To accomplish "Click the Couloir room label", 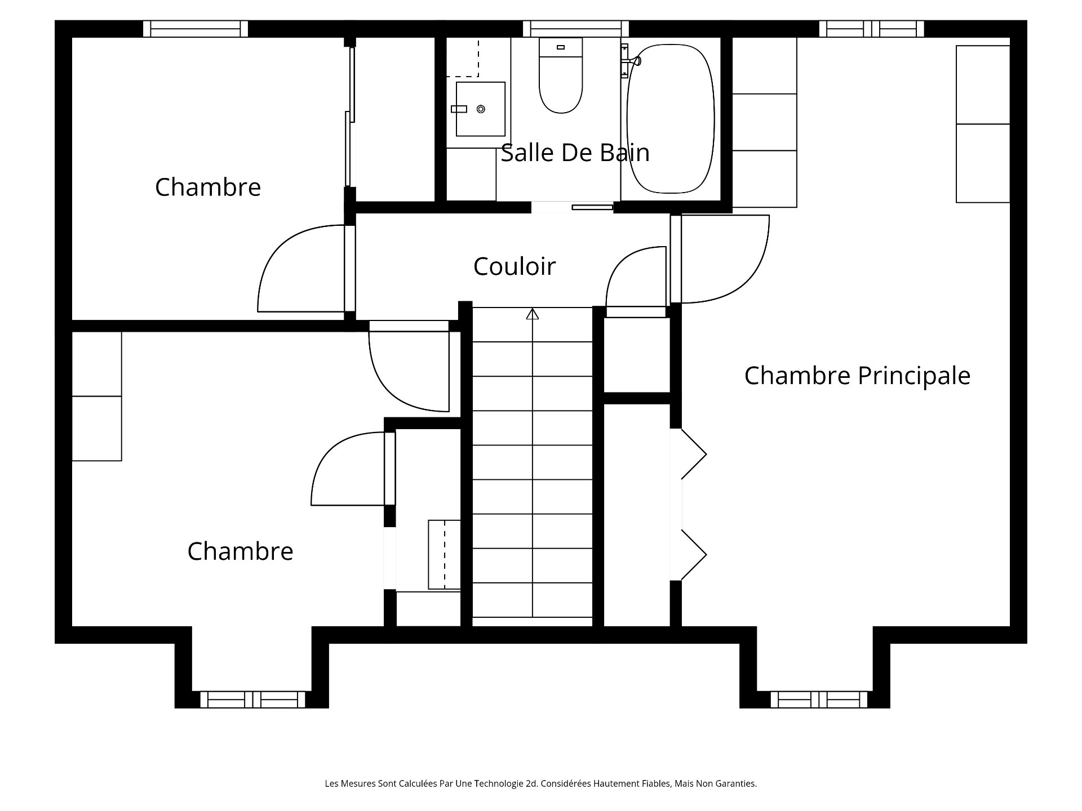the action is click(x=514, y=266).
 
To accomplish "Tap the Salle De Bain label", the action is click(x=575, y=153).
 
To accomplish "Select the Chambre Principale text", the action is click(x=857, y=376).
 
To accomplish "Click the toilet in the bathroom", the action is click(x=560, y=75).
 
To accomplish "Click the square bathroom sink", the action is click(x=480, y=109).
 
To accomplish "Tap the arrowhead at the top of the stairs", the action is click(x=532, y=314).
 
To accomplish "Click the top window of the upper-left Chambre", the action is click(x=195, y=29).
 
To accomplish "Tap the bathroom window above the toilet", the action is click(x=575, y=29).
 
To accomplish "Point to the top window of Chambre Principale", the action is click(x=871, y=29).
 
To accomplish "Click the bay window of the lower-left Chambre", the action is click(x=252, y=699).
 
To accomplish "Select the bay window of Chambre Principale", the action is click(x=819, y=699).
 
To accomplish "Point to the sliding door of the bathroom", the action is click(x=592, y=207).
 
